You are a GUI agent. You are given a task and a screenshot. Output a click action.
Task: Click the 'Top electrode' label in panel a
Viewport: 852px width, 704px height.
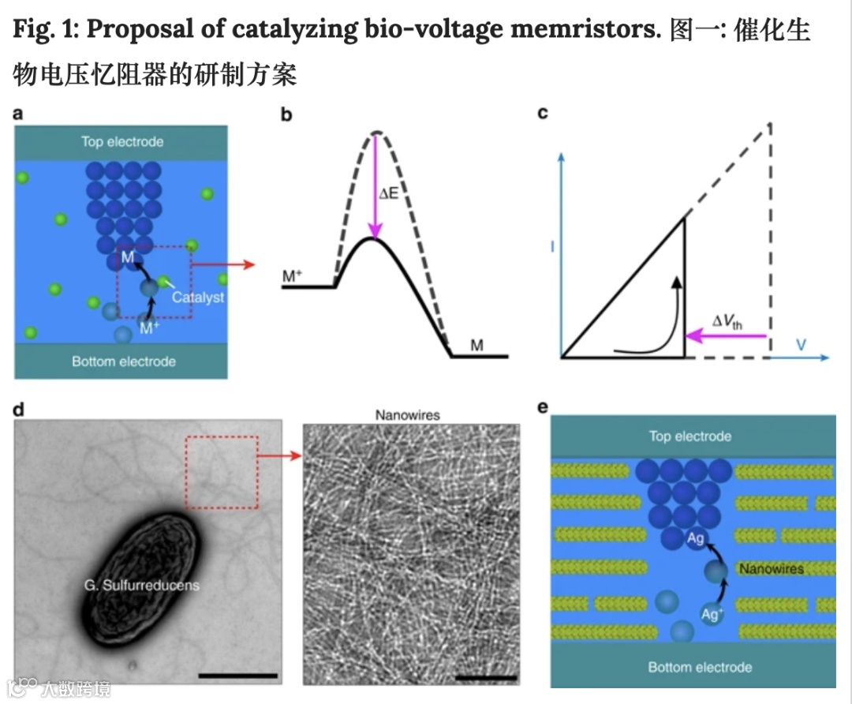(122, 142)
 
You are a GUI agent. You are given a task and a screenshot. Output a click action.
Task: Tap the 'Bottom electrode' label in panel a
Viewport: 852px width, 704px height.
(124, 361)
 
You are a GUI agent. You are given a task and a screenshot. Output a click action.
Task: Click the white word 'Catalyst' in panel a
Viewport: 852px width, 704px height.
(198, 298)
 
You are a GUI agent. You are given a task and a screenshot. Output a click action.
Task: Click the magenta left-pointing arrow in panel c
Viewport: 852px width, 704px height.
(726, 337)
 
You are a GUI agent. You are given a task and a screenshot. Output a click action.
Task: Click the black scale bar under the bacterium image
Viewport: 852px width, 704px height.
(238, 676)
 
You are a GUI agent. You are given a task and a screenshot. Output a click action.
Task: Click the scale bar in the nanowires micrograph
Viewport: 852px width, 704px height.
(487, 677)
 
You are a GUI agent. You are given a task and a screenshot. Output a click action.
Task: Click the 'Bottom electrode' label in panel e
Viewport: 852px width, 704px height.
(700, 667)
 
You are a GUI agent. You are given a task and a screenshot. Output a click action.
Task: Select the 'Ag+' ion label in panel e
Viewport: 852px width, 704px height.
(712, 613)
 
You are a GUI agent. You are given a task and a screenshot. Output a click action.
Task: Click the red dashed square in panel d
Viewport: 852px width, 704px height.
(222, 472)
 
